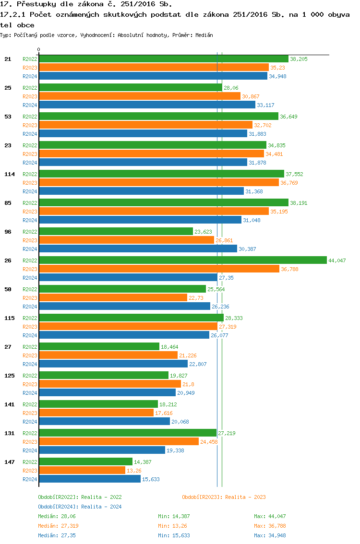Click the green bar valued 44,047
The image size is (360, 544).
click(x=182, y=260)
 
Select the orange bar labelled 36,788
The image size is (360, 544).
click(x=159, y=269)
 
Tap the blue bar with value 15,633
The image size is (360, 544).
click(x=90, y=479)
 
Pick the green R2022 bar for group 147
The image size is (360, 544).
click(x=85, y=461)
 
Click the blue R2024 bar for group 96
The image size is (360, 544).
click(x=138, y=248)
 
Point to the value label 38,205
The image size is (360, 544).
click(x=299, y=59)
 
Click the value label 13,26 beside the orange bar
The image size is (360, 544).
click(x=134, y=471)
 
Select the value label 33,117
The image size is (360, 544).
click(x=265, y=105)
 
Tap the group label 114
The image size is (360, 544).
click(x=10, y=174)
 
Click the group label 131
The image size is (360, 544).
click(x=10, y=433)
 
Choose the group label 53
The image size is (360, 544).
click(x=8, y=117)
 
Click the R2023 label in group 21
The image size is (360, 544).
click(x=30, y=68)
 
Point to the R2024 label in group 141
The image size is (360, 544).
click(x=30, y=422)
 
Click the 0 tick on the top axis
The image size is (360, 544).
click(x=39, y=50)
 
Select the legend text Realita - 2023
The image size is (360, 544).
click(x=245, y=497)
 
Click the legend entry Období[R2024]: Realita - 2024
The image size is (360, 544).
click(x=80, y=507)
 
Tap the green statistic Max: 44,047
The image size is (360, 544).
click(x=270, y=516)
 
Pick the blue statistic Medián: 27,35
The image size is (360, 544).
click(x=57, y=535)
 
